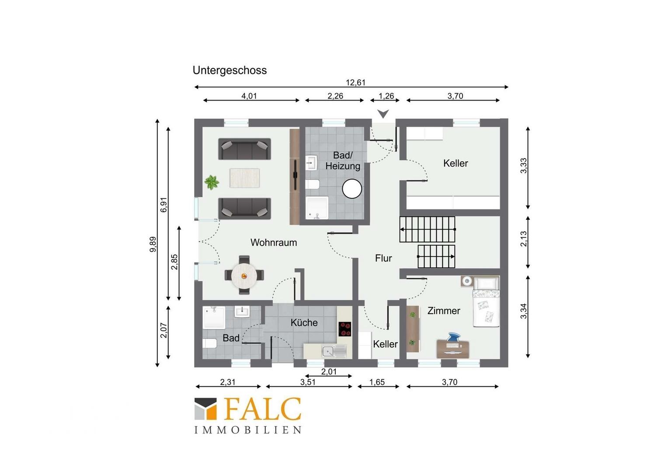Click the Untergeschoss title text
click(230, 71)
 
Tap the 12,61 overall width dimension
click(355, 82)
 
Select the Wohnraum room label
click(274, 243)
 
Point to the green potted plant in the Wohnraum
click(212, 182)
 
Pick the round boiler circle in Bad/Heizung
click(352, 189)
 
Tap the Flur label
click(383, 258)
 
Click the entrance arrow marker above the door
click(383, 114)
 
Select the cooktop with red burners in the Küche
click(345, 329)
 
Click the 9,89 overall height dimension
click(153, 244)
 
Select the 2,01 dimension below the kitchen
click(329, 371)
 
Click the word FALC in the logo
click(262, 409)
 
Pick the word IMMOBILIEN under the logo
click(248, 430)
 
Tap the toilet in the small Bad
click(209, 344)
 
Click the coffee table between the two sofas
click(244, 178)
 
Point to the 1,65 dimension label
click(377, 382)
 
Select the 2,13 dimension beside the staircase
click(524, 239)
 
